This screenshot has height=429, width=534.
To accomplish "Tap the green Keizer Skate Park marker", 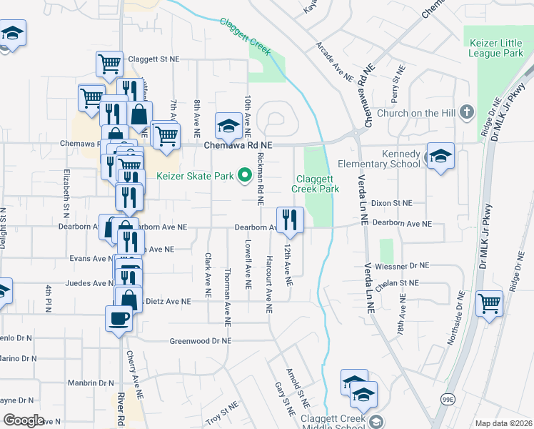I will pos(244,174).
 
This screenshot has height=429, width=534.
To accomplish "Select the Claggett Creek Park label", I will pos(315,184).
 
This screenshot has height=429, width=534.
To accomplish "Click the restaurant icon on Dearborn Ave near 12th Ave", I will pos(290,219).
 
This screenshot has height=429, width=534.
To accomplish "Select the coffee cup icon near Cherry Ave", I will pos(119,318).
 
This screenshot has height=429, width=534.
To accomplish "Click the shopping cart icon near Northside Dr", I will pos(490,303).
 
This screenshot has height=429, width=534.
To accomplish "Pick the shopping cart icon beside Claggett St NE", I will pos(109,64).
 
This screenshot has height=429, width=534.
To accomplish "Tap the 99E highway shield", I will pos(448,398).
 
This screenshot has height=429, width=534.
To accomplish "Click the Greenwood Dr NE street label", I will pos(201,341).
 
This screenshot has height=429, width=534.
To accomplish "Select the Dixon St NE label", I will pos(392,203).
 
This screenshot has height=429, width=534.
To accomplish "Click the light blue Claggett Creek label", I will pos(245,36).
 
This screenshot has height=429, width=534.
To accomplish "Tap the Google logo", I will pos(24,420).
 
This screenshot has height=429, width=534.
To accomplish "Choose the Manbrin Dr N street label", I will pos(91,383).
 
